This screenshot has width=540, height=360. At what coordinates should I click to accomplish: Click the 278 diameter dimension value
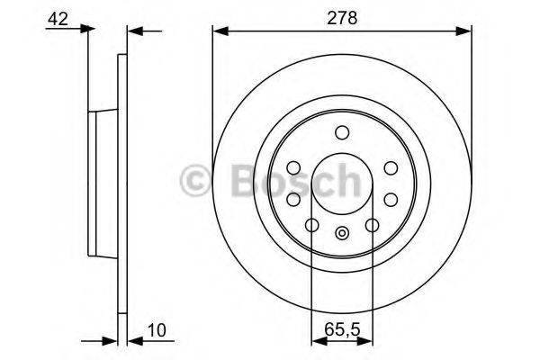[341, 15]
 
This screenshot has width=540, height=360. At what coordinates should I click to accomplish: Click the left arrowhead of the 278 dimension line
[218, 31]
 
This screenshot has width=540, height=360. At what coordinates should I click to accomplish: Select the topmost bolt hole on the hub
[342, 133]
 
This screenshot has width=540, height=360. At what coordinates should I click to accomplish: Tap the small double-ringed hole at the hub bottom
[342, 236]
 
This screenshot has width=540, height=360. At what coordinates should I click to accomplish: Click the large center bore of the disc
[342, 184]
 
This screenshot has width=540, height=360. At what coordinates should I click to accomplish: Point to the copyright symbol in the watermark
[196, 180]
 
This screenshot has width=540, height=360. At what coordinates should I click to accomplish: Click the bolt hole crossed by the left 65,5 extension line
[311, 225]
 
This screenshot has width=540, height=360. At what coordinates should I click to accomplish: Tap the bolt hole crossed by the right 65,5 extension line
[373, 225]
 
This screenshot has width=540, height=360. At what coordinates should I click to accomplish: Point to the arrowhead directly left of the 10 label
[134, 341]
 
